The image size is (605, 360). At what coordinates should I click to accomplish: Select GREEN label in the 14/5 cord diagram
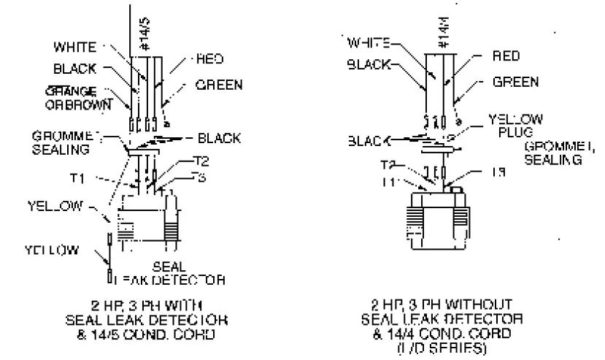(218, 84)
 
